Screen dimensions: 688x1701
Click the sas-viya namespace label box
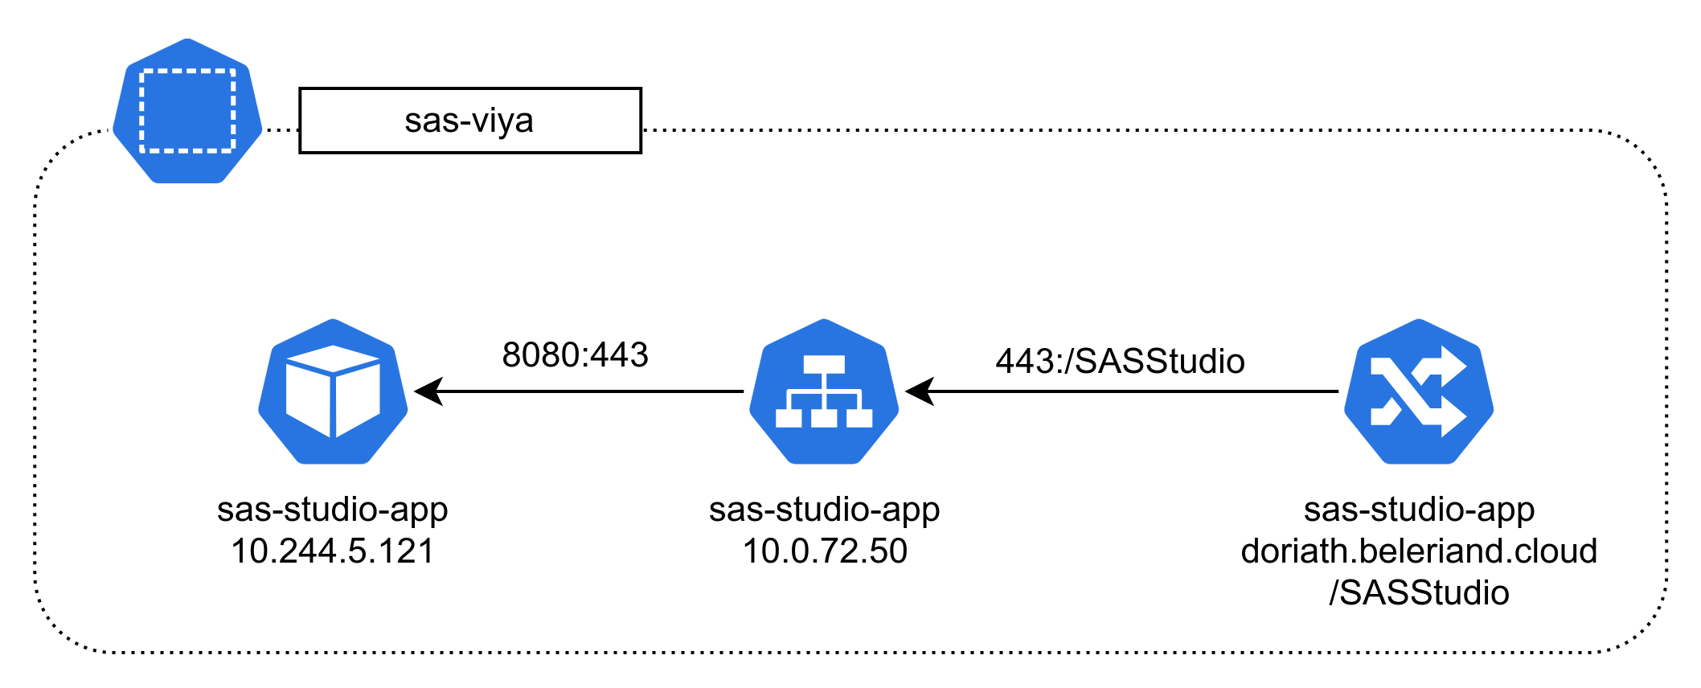point(469,121)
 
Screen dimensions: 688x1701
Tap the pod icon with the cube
point(333,391)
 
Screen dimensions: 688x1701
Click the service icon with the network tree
point(824,391)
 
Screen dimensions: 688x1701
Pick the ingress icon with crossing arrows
point(1419,391)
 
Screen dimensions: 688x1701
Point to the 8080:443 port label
point(575,355)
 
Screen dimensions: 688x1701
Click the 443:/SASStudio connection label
point(1120,362)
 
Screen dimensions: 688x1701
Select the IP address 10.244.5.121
point(333,551)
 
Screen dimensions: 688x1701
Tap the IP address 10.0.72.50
point(825,551)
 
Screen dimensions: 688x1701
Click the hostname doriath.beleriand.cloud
point(1419,551)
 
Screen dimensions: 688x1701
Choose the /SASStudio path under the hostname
point(1419,593)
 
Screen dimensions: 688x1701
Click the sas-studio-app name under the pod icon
point(333,510)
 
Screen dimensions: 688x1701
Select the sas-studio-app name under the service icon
point(825,510)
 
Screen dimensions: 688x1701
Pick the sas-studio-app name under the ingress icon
point(1419,510)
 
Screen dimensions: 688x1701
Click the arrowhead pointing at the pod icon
point(428,391)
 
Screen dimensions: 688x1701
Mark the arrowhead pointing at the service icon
point(920,391)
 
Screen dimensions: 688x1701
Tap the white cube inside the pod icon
point(333,391)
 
